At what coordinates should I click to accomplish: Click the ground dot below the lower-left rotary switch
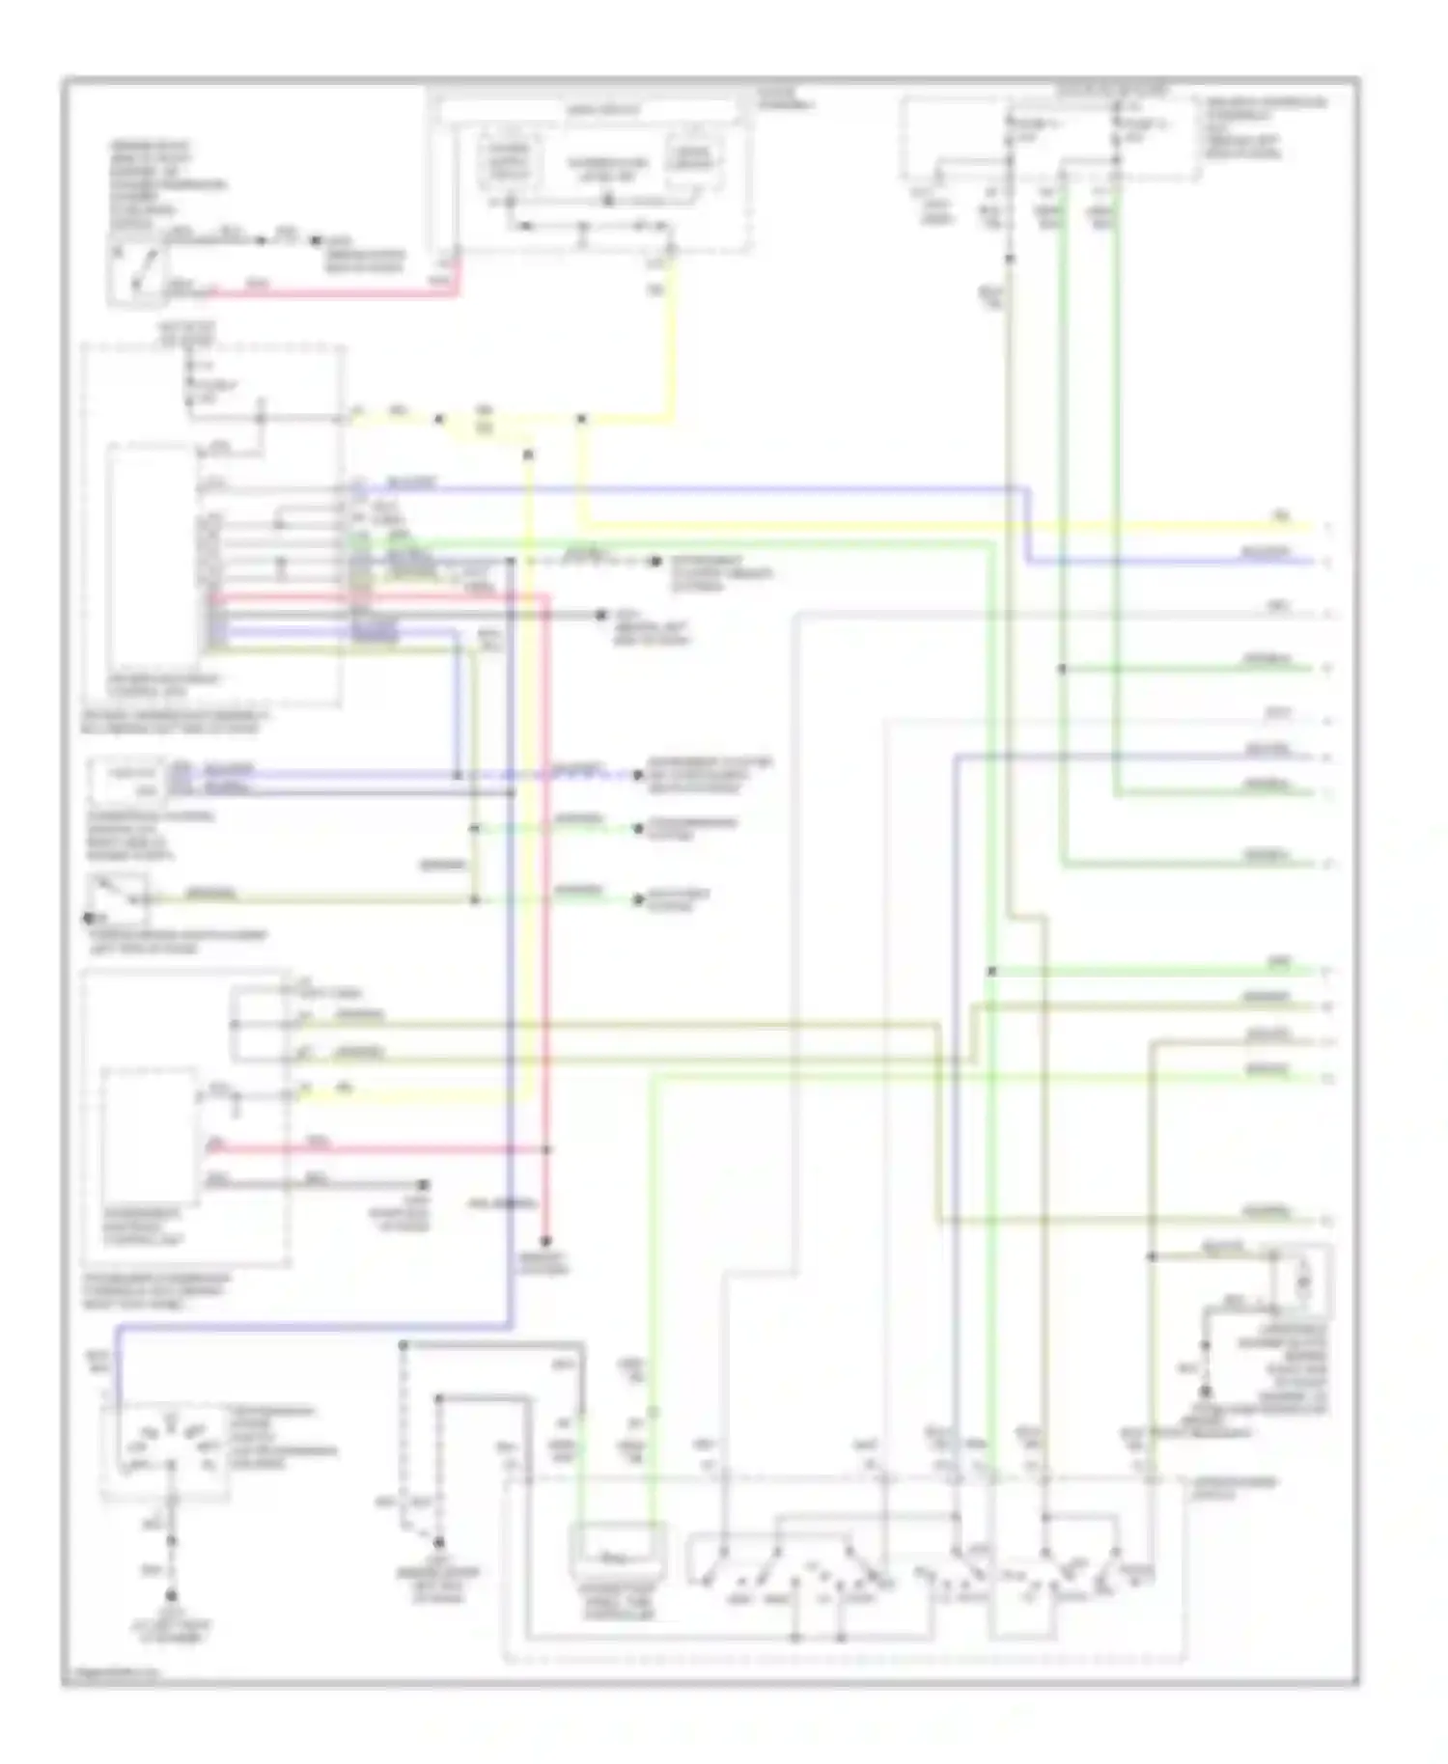[172, 1596]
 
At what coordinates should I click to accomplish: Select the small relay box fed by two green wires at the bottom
[616, 1556]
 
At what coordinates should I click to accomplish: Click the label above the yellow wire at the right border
[1282, 517]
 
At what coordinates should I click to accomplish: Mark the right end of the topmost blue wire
[1311, 562]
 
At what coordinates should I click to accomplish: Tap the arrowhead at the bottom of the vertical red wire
[545, 1241]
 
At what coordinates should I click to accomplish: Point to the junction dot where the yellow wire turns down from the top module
[581, 419]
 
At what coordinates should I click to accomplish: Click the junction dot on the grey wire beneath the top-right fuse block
[1010, 259]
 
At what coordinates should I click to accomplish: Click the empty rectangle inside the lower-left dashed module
[150, 1135]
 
